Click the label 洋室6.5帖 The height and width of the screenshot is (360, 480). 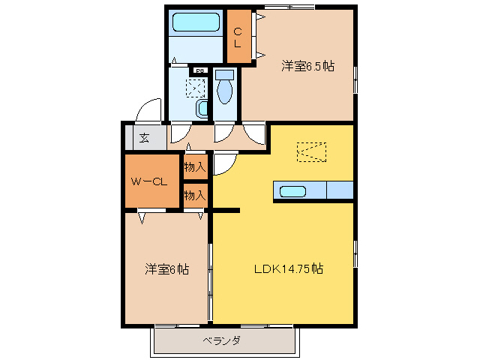point(307,66)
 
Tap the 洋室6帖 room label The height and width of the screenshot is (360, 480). point(166,268)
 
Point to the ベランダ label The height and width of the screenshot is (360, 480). point(221,341)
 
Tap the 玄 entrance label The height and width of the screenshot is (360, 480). point(143,138)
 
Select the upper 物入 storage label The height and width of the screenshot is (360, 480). point(195,166)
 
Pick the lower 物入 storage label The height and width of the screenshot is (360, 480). point(195,195)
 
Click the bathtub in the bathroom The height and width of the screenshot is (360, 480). point(195,22)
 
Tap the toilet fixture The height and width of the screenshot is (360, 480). point(224,88)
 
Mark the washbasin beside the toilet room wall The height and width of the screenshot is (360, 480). point(202,110)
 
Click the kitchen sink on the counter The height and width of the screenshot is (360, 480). point(292,191)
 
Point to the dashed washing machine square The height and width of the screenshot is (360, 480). point(196,87)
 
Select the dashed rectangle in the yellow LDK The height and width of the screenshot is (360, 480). point(313,151)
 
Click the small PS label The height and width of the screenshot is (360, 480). point(200,71)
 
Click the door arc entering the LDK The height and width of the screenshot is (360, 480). point(225,163)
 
